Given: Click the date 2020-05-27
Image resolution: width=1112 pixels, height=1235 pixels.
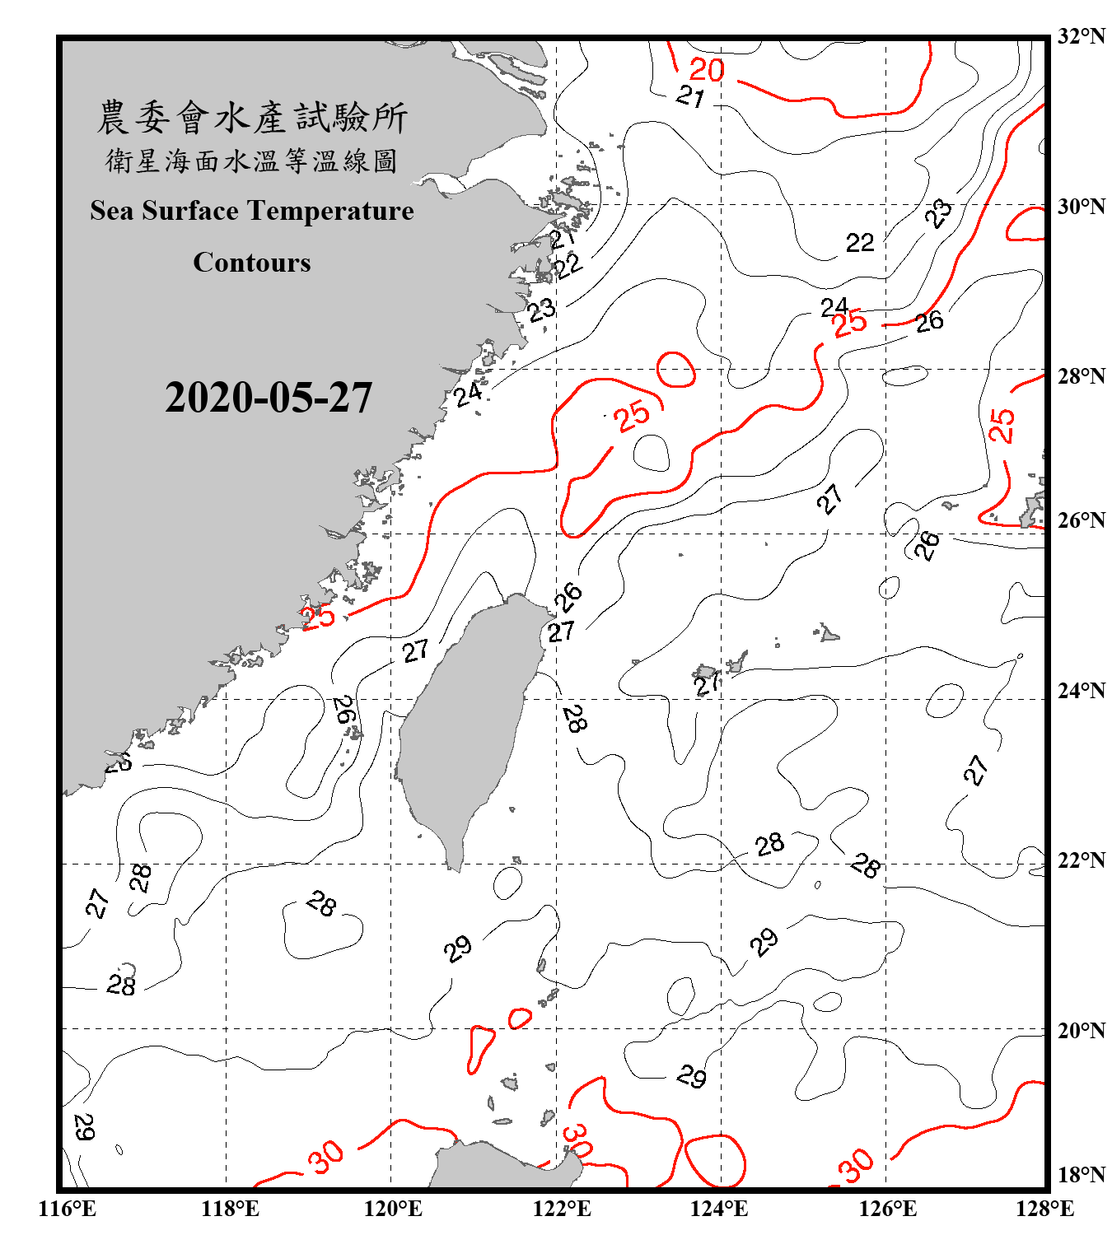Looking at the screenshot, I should [x=269, y=398].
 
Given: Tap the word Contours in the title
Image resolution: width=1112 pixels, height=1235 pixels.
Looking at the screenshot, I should [x=252, y=263].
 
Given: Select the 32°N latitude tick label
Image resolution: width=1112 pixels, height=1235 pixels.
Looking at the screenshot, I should [x=1081, y=36].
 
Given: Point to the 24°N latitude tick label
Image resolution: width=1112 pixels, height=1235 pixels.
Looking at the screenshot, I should [x=1081, y=691].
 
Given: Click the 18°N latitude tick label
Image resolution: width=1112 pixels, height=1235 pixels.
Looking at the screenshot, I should [x=1081, y=1174].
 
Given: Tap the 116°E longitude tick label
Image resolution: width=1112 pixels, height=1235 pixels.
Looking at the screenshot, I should [x=68, y=1209].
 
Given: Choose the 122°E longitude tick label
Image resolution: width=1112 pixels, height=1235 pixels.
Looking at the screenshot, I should [x=562, y=1209].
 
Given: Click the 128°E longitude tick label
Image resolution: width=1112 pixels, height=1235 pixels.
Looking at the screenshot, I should [x=1044, y=1209].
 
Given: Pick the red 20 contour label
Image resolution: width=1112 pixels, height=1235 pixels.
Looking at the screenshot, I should [x=707, y=70].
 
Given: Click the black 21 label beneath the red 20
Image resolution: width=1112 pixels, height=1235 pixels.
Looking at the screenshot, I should [x=690, y=96].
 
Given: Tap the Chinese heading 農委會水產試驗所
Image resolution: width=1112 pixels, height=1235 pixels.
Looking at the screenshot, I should [x=252, y=118].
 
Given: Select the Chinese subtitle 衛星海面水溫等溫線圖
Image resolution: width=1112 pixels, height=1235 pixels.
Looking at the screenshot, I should [x=252, y=161].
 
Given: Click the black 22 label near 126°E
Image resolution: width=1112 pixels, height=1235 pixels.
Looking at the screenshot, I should [x=859, y=243].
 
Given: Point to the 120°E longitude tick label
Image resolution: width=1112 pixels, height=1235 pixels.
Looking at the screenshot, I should [x=393, y=1209].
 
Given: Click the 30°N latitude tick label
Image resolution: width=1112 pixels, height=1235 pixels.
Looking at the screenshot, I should [x=1081, y=206].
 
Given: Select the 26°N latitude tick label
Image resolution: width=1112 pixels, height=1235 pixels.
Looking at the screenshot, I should [x=1081, y=520].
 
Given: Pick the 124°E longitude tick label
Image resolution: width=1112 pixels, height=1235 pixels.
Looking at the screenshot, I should [x=719, y=1209].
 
